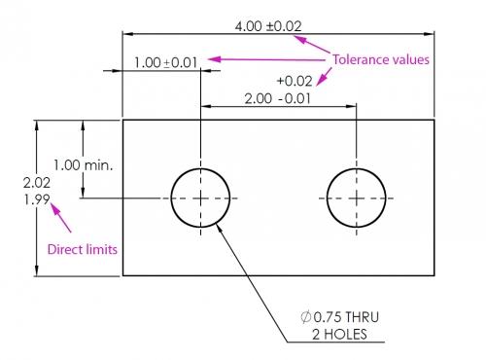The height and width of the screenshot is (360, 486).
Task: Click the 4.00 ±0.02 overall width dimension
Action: pos(276,24)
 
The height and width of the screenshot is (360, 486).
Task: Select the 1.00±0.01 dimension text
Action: pos(165,62)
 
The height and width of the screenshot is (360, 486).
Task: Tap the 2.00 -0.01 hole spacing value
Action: pos(277,99)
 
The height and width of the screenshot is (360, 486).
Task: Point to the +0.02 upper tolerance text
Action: pos(294,81)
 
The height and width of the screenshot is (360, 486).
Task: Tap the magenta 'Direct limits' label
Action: pos(83,249)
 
